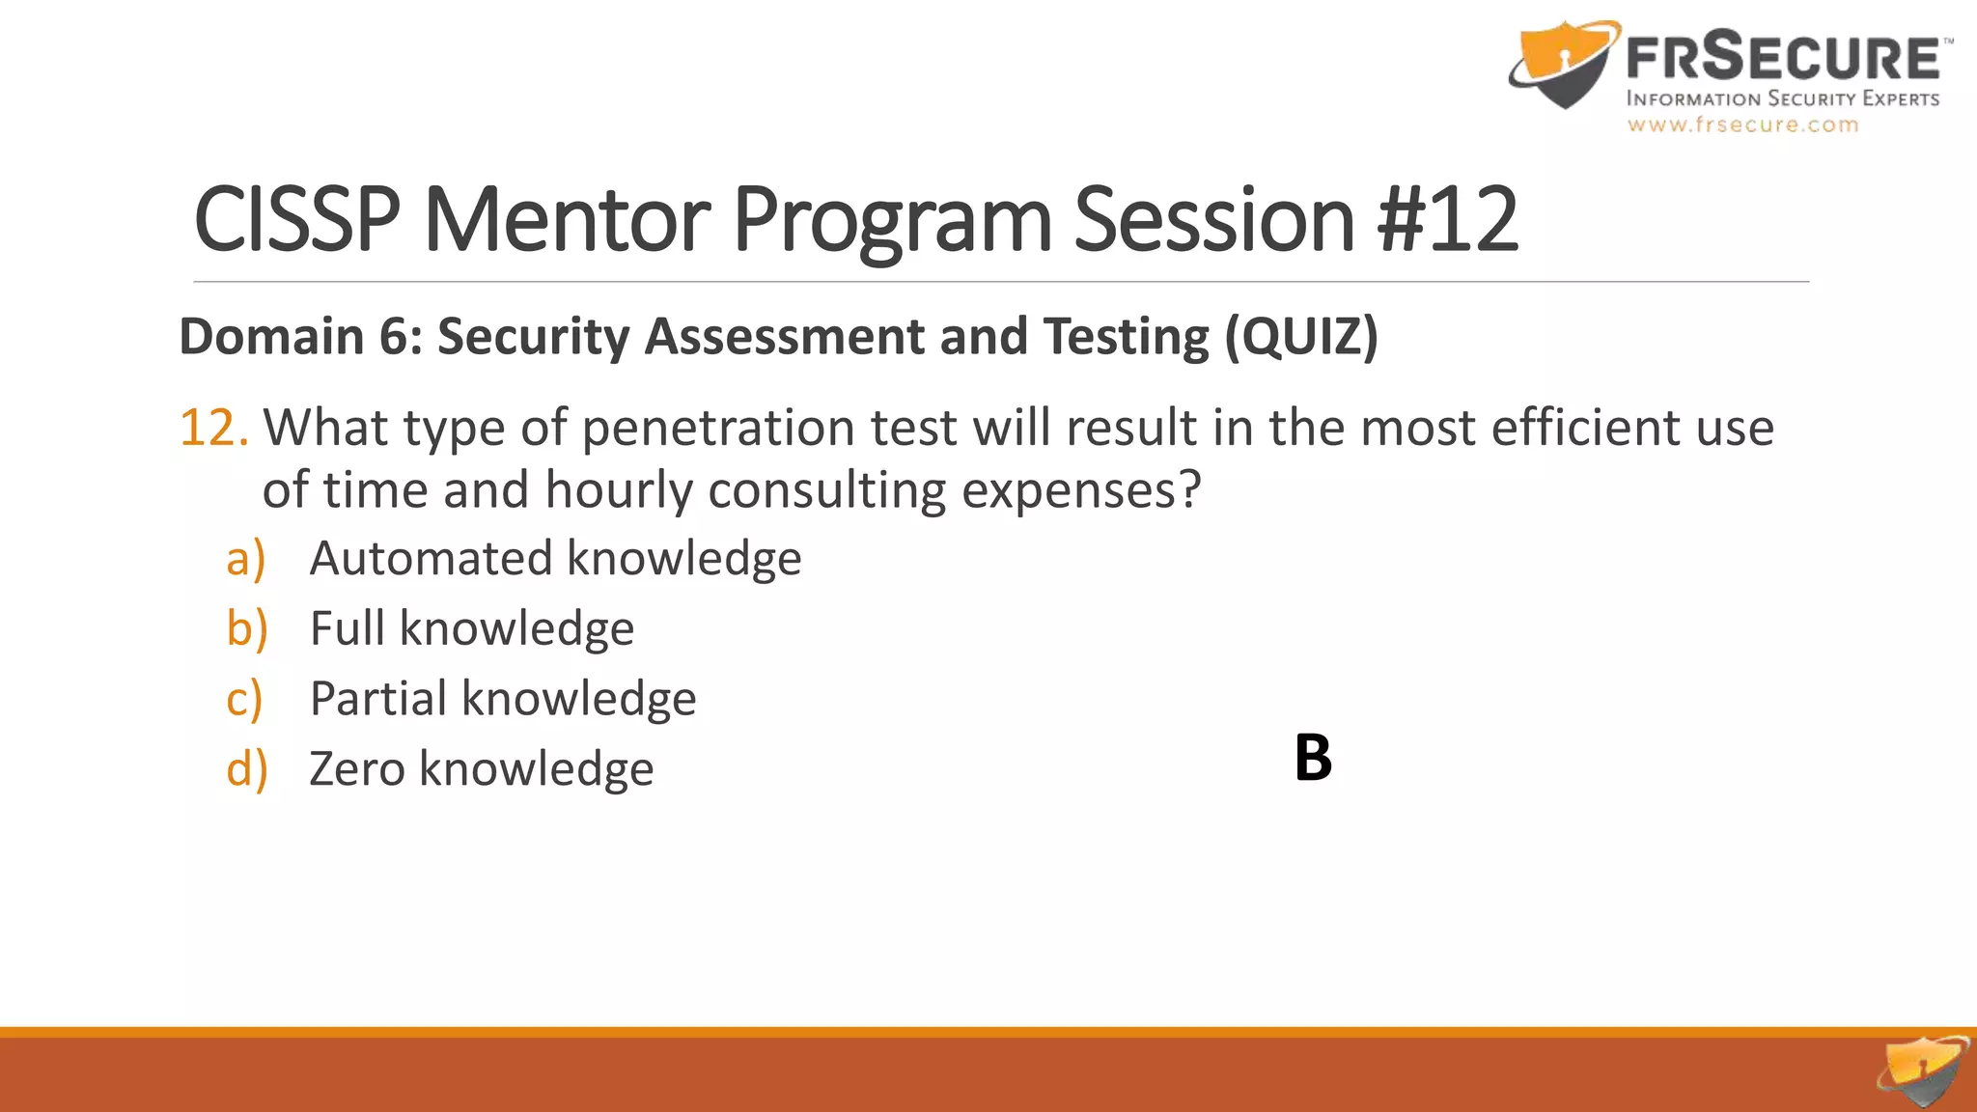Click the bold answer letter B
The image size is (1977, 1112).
point(1313,758)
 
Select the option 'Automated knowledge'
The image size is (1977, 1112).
point(555,559)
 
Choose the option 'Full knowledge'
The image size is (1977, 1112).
point(471,629)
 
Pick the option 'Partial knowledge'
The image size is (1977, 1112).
point(502,699)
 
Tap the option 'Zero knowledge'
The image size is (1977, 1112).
point(481,769)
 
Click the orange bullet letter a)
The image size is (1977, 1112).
point(245,560)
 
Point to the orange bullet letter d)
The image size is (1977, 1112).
point(246,769)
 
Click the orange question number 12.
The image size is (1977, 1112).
point(213,428)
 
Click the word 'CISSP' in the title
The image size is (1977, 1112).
point(296,220)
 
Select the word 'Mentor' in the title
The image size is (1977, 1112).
point(567,220)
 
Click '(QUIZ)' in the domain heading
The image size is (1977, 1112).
point(1301,337)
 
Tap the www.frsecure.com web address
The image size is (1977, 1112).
point(1742,125)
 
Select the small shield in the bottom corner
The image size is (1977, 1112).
point(1922,1070)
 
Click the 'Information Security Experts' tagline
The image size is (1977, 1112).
point(1782,98)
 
